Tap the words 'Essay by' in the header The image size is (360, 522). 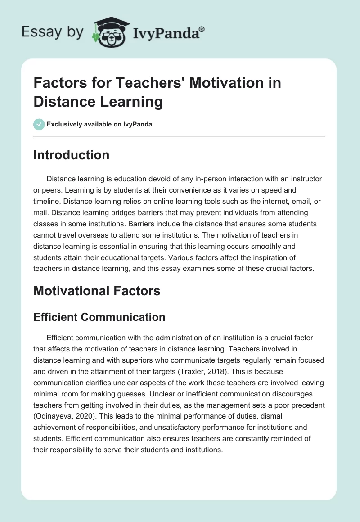click(52, 31)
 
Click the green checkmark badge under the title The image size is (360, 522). click(39, 124)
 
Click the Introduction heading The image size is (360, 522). click(71, 155)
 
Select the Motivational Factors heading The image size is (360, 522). click(97, 291)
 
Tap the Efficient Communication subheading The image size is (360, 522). click(99, 317)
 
